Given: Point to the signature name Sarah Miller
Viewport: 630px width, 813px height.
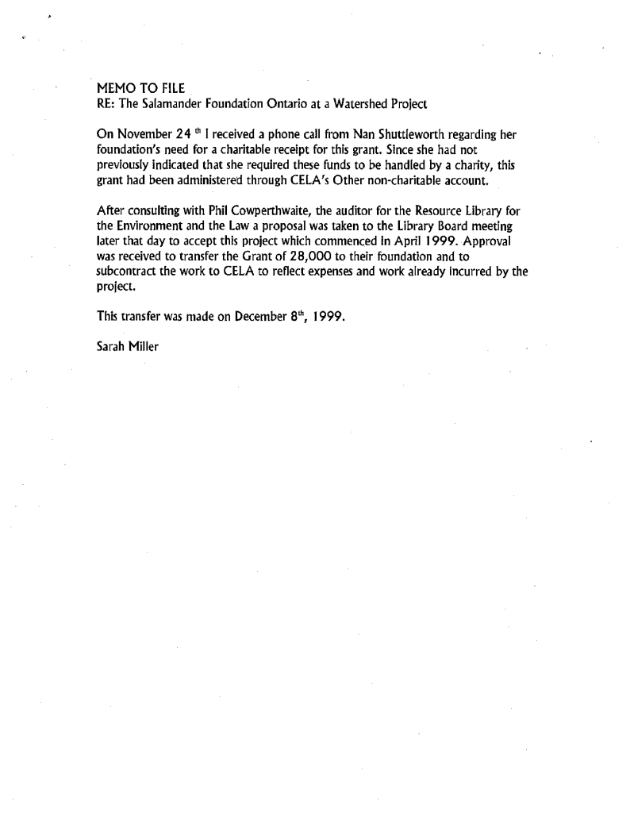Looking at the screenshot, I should (127, 347).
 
